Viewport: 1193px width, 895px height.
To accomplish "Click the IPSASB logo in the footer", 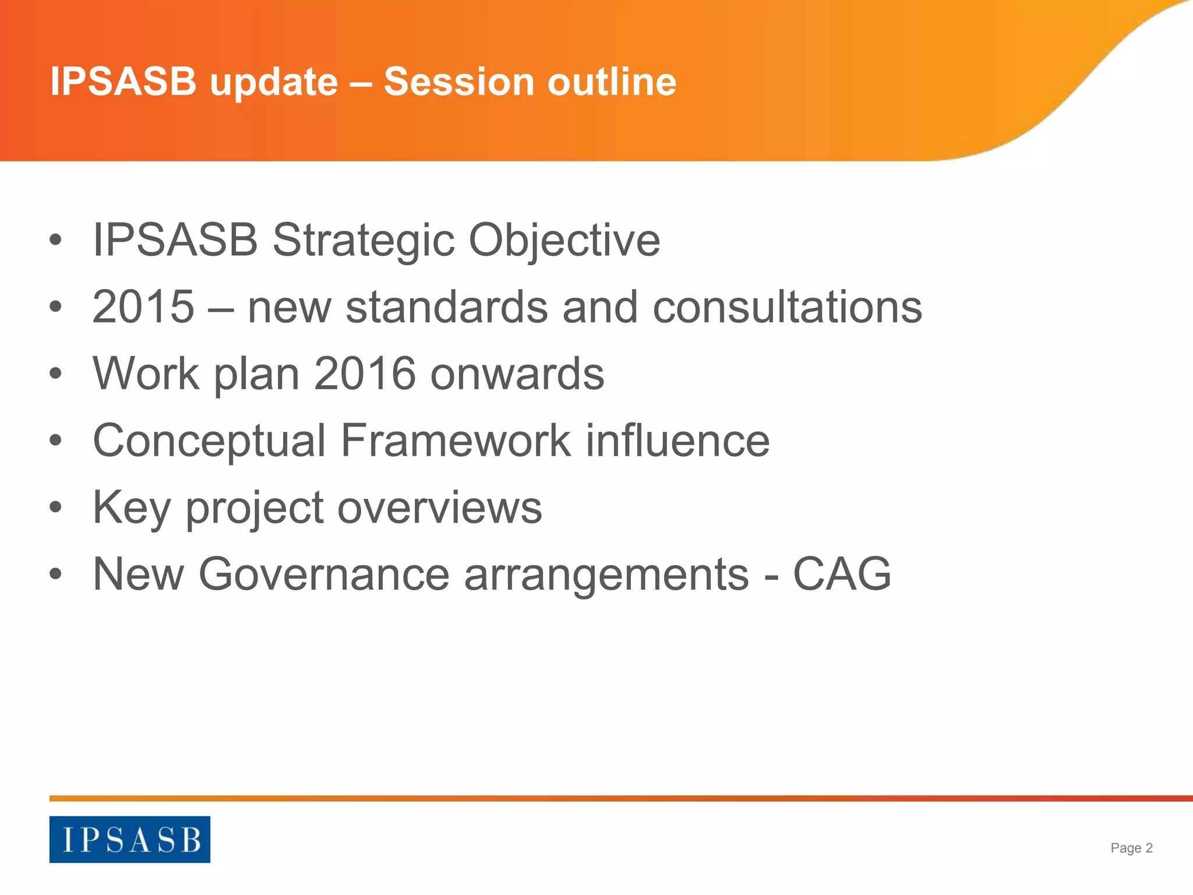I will (x=129, y=839).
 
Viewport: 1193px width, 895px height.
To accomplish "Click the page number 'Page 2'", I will (x=1131, y=848).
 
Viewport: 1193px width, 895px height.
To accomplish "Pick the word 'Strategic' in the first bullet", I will (x=363, y=241).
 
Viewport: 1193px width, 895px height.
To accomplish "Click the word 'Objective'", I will (x=564, y=241).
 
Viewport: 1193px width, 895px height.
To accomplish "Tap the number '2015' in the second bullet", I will (x=143, y=307).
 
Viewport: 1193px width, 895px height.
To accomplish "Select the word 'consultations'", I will (x=787, y=307).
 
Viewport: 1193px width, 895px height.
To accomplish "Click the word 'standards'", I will (x=446, y=307).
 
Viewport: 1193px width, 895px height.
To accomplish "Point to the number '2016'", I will (x=365, y=373).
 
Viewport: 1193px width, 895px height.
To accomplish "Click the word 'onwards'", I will (x=517, y=373).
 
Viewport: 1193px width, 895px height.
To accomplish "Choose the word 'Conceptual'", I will (x=209, y=441).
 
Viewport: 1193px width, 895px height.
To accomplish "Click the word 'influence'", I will (x=677, y=441).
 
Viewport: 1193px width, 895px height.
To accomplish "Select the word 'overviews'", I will (x=440, y=508).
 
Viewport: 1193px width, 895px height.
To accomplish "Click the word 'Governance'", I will (x=324, y=575).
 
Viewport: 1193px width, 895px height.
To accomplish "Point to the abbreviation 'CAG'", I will (x=842, y=575).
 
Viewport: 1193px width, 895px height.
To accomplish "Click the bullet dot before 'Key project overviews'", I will (x=55, y=508).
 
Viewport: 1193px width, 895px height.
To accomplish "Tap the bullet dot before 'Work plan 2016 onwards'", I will (x=55, y=373).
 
